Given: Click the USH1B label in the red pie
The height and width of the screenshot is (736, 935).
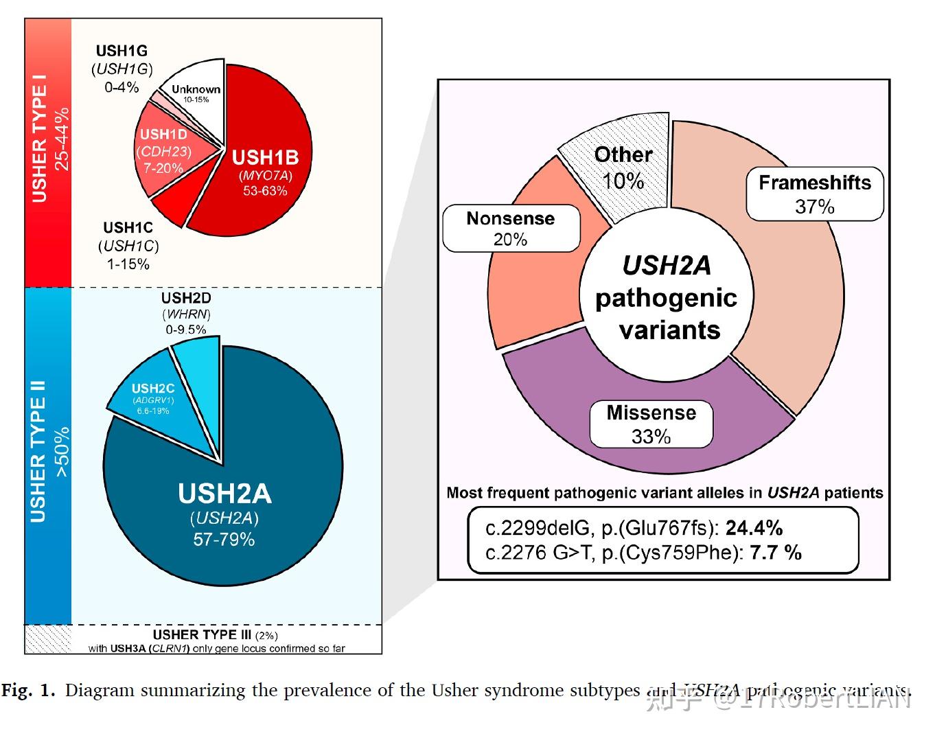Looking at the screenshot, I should (x=265, y=158).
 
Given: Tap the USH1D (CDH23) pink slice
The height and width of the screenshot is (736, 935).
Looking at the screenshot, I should (x=165, y=151).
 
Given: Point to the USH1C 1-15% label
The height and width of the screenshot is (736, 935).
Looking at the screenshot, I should (x=128, y=245).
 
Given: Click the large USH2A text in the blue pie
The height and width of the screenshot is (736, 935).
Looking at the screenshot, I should (x=224, y=494).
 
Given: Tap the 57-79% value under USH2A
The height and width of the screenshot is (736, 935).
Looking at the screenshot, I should (x=224, y=540).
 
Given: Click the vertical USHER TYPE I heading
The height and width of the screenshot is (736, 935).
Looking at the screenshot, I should (x=39, y=144).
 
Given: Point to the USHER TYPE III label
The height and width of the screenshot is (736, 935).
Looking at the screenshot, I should (x=202, y=634).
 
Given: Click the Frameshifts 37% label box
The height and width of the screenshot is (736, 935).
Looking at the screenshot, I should (x=814, y=194).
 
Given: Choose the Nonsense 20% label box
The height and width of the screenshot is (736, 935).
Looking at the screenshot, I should (x=511, y=229).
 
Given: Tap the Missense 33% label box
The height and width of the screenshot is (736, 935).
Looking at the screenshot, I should (x=651, y=424).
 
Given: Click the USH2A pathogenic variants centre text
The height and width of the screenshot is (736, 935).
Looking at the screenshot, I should (x=667, y=297).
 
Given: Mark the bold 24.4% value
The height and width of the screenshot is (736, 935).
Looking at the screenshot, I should (x=754, y=527).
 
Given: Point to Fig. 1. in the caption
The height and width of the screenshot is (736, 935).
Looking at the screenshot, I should (x=28, y=690).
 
